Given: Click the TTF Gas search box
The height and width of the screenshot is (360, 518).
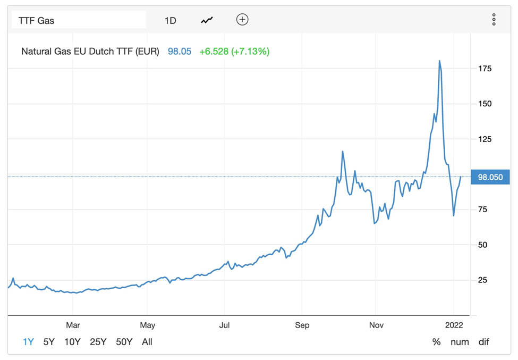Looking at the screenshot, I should pyautogui.click(x=79, y=21).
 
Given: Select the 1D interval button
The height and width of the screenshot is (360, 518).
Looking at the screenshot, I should pyautogui.click(x=170, y=21).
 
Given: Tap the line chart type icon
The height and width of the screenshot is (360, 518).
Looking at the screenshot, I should pyautogui.click(x=207, y=21).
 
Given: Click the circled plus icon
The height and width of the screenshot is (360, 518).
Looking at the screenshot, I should pyautogui.click(x=242, y=20).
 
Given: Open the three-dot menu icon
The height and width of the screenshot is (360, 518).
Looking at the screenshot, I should pyautogui.click(x=494, y=20).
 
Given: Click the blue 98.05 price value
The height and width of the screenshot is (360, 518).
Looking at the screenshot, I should pyautogui.click(x=180, y=52).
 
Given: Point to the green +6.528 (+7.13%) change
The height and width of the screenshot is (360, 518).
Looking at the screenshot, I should pyautogui.click(x=234, y=52).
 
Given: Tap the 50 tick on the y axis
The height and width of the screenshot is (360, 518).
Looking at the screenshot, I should pyautogui.click(x=482, y=245).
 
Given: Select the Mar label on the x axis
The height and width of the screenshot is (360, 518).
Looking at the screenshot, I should pyautogui.click(x=73, y=325).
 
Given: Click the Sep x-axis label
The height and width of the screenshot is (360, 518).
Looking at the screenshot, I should pyautogui.click(x=302, y=325).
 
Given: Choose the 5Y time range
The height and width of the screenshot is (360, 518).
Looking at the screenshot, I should pyautogui.click(x=49, y=342).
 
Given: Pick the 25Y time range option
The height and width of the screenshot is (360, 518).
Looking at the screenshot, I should pyautogui.click(x=98, y=342).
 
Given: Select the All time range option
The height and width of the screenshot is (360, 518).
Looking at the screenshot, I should pyautogui.click(x=147, y=342).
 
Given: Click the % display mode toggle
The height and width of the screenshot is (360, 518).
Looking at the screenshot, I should pyautogui.click(x=436, y=342).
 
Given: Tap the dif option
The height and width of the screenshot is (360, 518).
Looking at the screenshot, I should pyautogui.click(x=483, y=342).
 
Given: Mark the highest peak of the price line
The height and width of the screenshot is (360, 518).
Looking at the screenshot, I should pyautogui.click(x=439, y=61).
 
